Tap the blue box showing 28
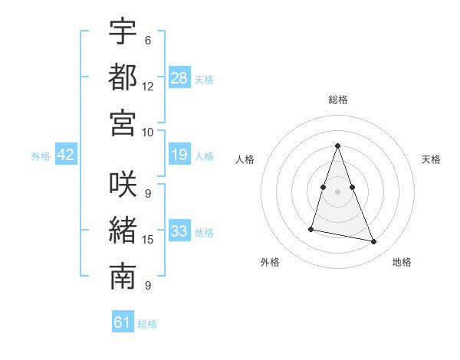pos(179,78)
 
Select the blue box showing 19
pos(179,155)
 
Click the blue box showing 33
pos(179,231)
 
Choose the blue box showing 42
pos(66,155)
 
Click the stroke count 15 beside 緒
pos(148,240)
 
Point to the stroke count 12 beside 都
pos(148,87)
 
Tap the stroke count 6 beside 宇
pos(148,41)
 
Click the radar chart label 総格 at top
pos(337,100)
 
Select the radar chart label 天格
pos(432,159)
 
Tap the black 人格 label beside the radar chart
pos(245,159)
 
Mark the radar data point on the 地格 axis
pos(374,242)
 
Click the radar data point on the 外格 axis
pos(311,228)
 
